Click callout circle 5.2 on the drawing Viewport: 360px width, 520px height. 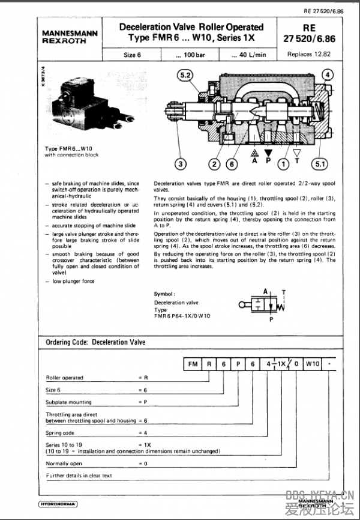(184, 76)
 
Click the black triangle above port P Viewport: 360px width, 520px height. (268, 154)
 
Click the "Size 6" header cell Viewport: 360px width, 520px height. (132, 55)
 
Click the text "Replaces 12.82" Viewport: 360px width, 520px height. (309, 54)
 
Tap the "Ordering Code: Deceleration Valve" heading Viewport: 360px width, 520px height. (96, 342)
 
